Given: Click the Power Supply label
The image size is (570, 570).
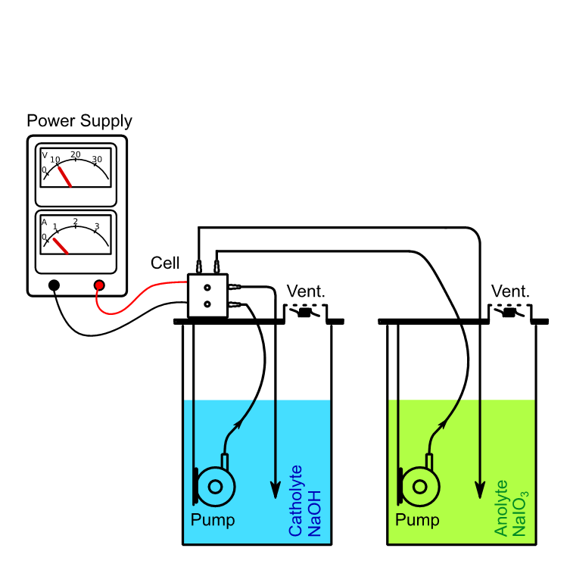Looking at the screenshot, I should [x=79, y=121].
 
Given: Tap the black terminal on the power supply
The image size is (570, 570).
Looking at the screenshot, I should [x=55, y=285].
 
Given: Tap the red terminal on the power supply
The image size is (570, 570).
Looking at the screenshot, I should [x=98, y=285].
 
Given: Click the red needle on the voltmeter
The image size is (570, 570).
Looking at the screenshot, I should [x=64, y=176].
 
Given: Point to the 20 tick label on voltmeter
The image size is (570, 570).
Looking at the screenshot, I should [x=75, y=154].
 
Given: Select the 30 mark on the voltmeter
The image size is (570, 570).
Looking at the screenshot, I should [x=97, y=159].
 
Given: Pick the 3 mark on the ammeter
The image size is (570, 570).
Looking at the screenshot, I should [x=96, y=226].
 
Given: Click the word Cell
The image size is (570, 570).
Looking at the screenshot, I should [x=165, y=263].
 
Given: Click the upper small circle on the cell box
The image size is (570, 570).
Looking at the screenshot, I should [x=207, y=288].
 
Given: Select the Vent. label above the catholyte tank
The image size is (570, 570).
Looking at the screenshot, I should [x=306, y=291].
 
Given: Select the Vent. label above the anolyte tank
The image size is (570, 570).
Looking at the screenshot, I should [x=510, y=291].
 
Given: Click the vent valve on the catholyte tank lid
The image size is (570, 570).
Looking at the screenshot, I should [x=306, y=313].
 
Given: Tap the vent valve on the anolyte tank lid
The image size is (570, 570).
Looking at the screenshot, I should [x=510, y=313].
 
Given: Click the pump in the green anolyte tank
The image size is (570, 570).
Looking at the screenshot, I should [x=419, y=486].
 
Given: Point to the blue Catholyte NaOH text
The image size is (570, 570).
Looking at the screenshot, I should [x=305, y=501].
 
